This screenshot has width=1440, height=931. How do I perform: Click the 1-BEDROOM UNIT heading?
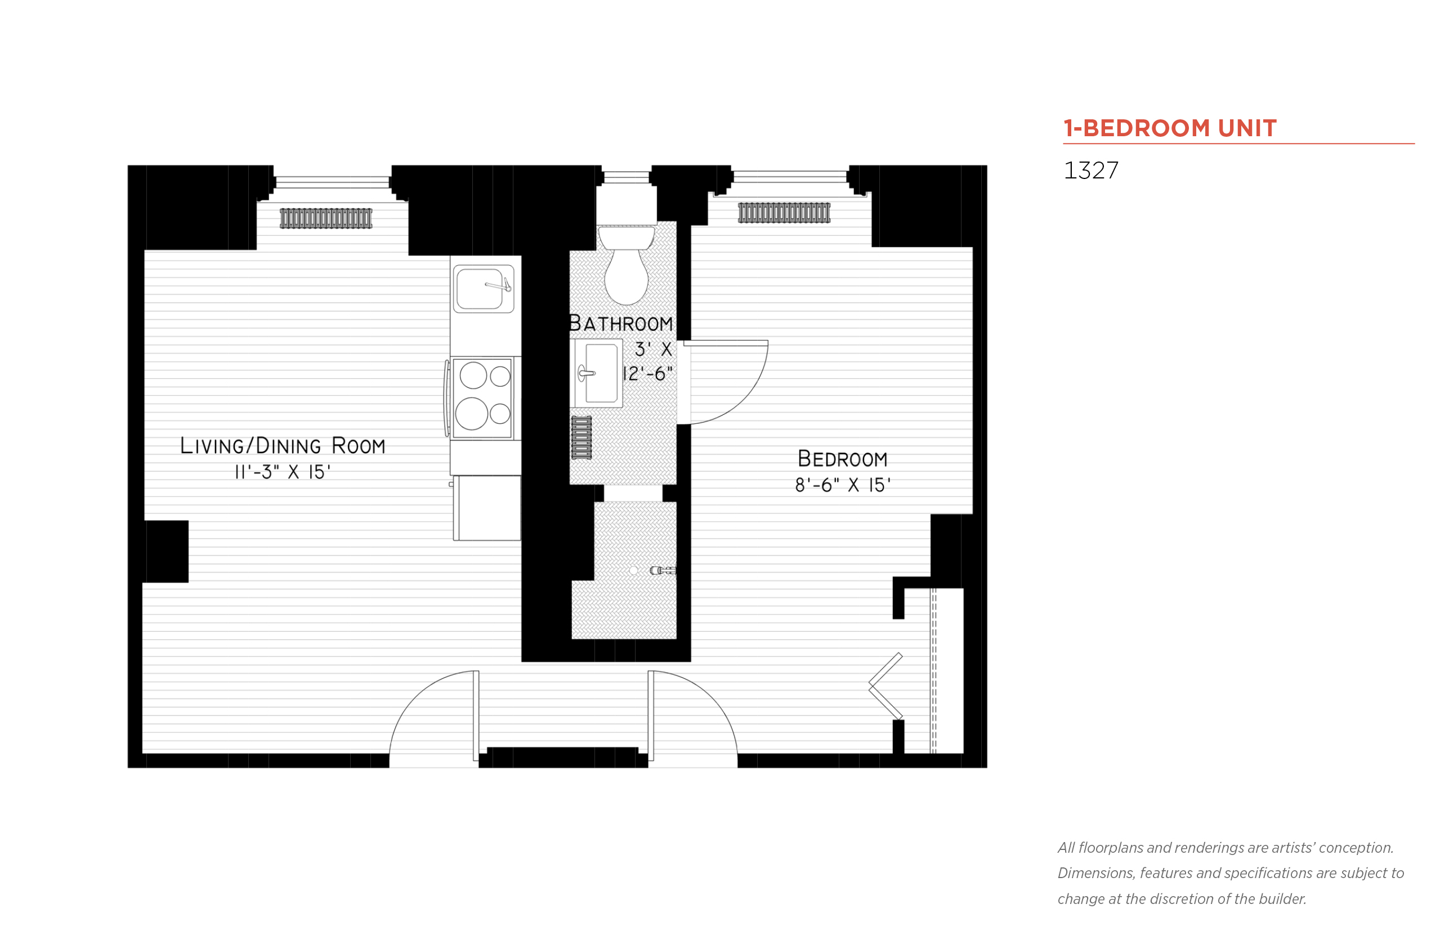tap(1169, 128)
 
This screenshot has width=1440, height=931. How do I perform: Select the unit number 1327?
tap(1090, 171)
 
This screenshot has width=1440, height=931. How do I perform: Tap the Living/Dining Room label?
tap(283, 446)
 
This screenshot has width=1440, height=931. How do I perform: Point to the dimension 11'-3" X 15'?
tap(283, 472)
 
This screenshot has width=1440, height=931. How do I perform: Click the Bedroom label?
tap(842, 459)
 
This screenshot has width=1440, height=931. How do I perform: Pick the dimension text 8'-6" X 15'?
tap(842, 485)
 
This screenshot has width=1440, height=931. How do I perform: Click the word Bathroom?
tap(621, 324)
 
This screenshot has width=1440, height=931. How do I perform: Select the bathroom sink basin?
tap(600, 373)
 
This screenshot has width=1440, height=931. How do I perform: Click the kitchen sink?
tap(482, 289)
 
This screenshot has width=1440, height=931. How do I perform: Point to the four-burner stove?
tap(482, 398)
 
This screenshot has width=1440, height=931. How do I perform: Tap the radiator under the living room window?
tap(326, 218)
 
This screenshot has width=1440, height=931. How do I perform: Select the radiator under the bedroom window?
tap(784, 213)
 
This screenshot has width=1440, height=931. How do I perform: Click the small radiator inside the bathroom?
tap(582, 437)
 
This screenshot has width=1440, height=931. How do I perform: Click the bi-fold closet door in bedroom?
tap(885, 686)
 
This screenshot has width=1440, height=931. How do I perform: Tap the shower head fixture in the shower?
tap(663, 570)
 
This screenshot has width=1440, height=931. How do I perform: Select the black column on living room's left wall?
tap(167, 550)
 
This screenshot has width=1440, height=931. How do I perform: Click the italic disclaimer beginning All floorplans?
tap(1229, 873)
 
